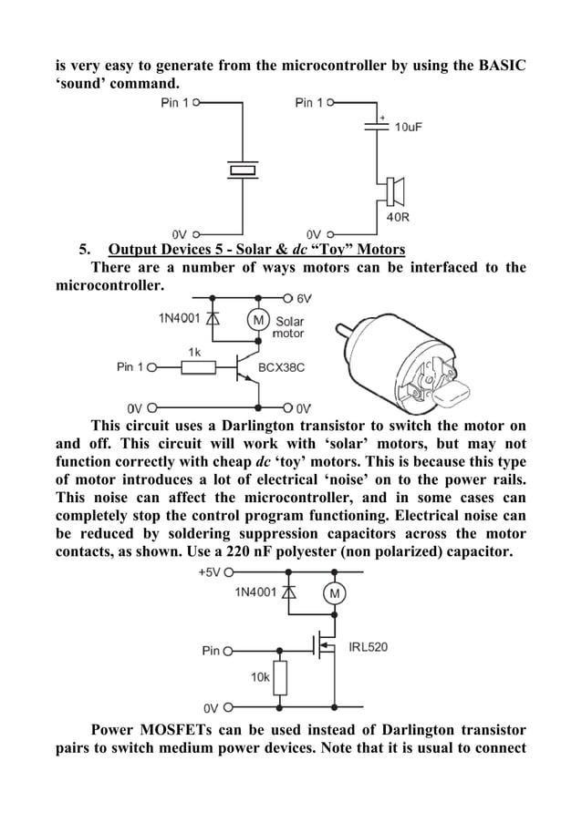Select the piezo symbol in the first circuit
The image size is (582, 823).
click(244, 169)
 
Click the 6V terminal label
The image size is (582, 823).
click(305, 298)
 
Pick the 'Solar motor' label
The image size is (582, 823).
click(290, 327)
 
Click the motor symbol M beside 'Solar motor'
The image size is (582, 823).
click(258, 320)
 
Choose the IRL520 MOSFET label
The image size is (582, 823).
click(369, 648)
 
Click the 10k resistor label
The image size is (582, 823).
click(260, 677)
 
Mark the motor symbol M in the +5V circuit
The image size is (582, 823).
click(334, 594)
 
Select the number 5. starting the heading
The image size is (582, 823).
click(85, 250)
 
